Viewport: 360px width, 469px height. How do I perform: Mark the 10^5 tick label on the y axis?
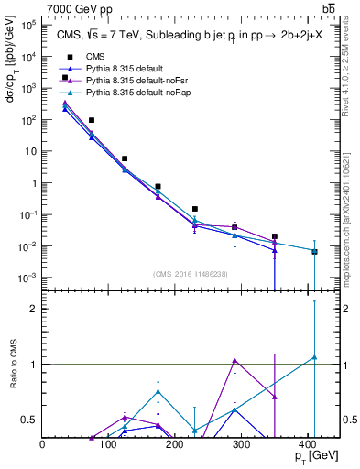pos(27,25)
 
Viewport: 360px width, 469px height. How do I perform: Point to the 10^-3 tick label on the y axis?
pos(27,278)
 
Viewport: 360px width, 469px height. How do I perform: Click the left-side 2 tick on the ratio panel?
pos(35,309)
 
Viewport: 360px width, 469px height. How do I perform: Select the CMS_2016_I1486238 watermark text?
pos(190,274)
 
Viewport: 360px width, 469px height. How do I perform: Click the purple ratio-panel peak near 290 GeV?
pos(235,360)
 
